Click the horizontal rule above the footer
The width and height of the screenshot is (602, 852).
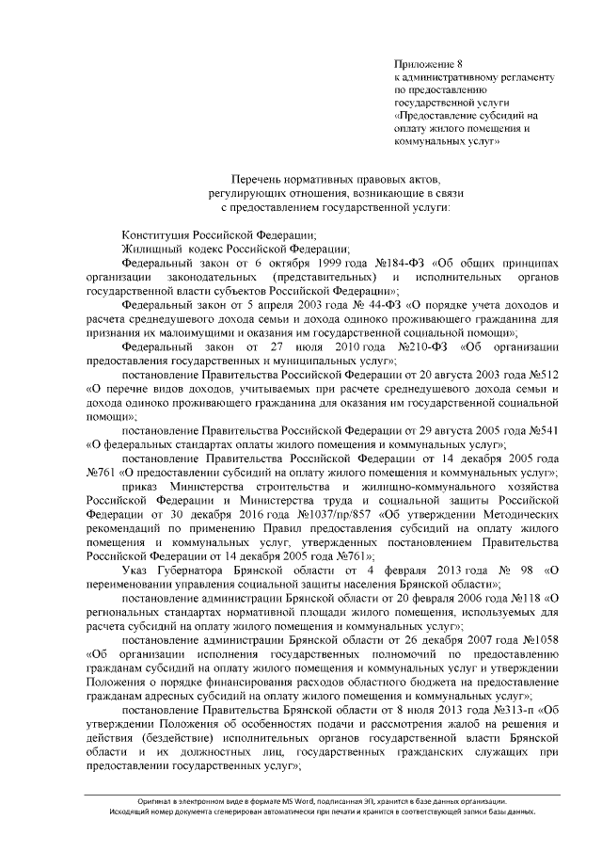click(x=301, y=790)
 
